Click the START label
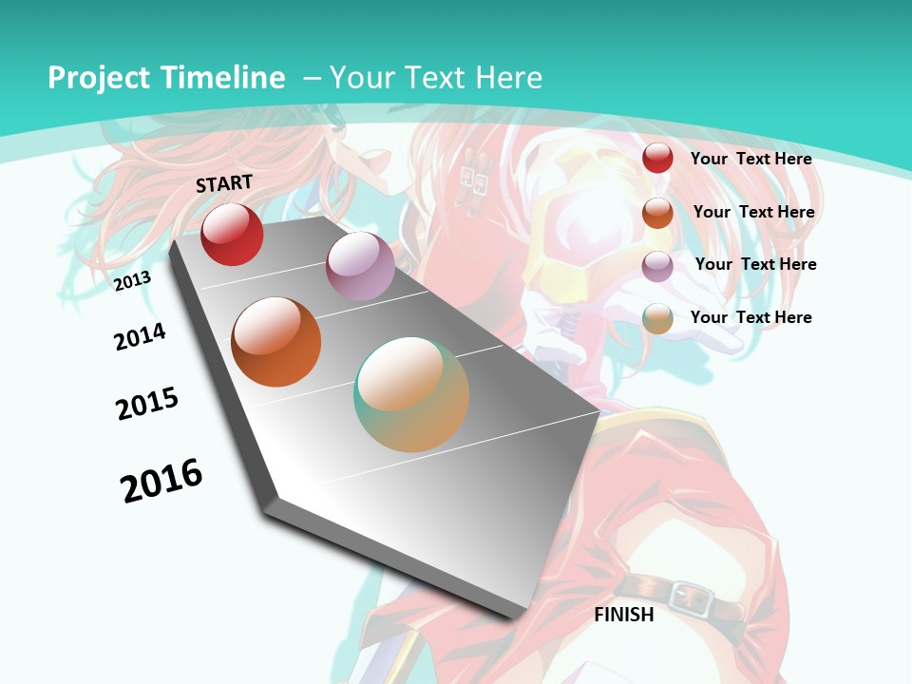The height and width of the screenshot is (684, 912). [224, 183]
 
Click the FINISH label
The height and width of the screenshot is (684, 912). [624, 615]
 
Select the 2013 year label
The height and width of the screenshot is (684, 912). [132, 281]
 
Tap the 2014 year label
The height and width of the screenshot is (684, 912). [140, 336]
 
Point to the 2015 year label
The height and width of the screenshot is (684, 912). [147, 404]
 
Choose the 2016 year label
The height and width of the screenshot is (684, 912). [161, 480]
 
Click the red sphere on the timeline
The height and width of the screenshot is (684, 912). [232, 234]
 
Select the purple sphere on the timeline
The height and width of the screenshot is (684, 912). [360, 265]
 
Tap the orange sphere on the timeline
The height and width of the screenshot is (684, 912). [276, 342]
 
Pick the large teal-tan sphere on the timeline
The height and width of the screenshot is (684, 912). [411, 394]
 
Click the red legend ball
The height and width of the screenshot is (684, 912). [657, 158]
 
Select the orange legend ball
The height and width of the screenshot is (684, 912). [657, 213]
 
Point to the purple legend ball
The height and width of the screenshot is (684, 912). [657, 266]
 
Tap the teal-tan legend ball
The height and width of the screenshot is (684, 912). [657, 318]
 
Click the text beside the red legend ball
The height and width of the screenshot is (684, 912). [750, 159]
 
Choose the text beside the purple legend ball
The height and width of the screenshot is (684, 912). [755, 264]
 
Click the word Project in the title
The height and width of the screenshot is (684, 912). [99, 78]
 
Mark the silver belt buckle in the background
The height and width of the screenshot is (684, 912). [691, 597]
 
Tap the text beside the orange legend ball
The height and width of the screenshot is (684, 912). [753, 212]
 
